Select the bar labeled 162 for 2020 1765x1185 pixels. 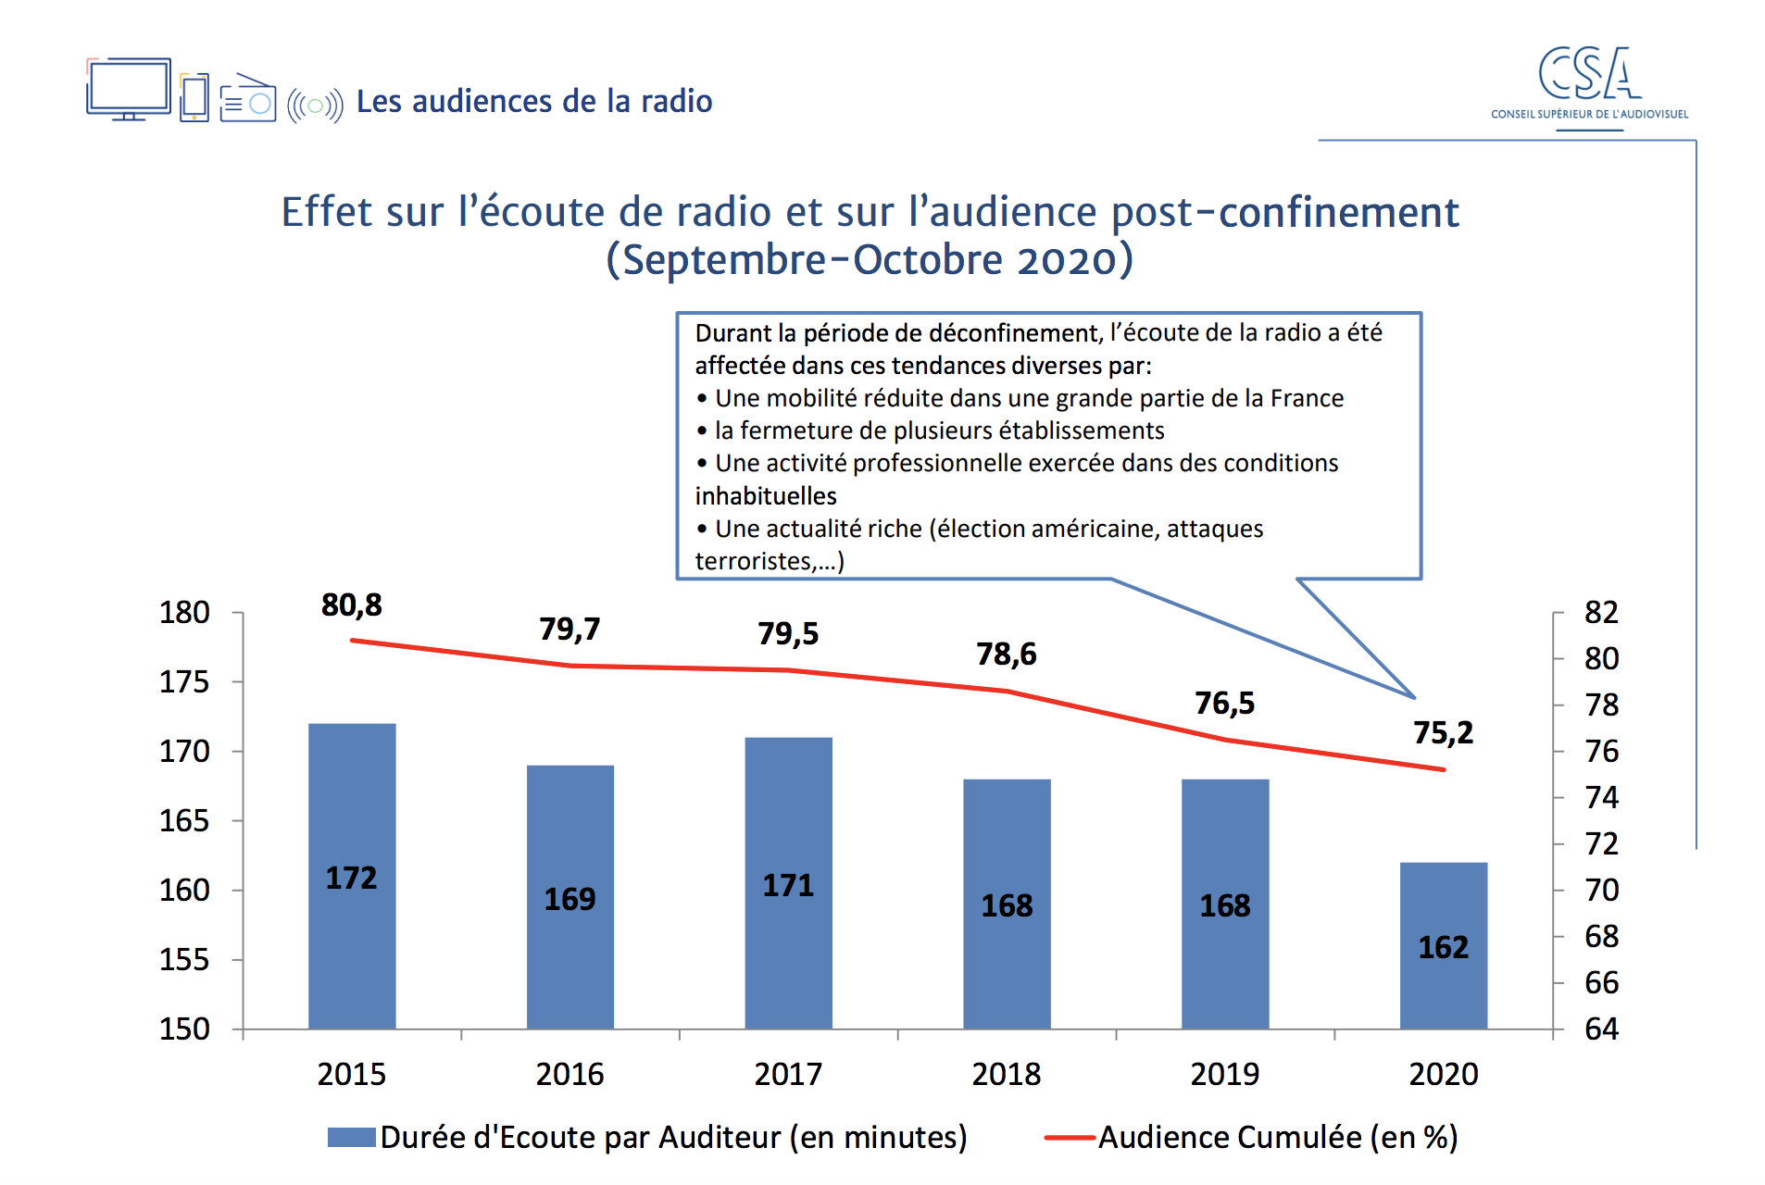pyautogui.click(x=1443, y=945)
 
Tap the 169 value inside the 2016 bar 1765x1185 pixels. pyautogui.click(x=570, y=899)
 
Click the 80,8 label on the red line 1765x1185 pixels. pyautogui.click(x=352, y=605)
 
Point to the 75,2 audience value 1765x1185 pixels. pyautogui.click(x=1443, y=732)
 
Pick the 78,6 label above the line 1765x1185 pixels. pyautogui.click(x=1007, y=655)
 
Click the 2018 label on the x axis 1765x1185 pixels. pyautogui.click(x=1007, y=1074)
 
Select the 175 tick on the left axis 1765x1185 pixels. pyautogui.click(x=184, y=682)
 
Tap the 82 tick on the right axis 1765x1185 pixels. pyautogui.click(x=1601, y=613)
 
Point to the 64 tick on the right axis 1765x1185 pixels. pyautogui.click(x=1601, y=1029)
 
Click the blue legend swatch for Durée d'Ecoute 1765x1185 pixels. pyautogui.click(x=352, y=1137)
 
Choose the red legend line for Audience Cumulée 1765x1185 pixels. pyautogui.click(x=1070, y=1137)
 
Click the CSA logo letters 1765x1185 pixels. pyautogui.click(x=1589, y=74)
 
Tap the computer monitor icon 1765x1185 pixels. pyautogui.click(x=129, y=89)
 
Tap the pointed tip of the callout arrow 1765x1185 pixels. pyautogui.click(x=1414, y=696)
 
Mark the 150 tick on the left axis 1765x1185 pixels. pyautogui.click(x=184, y=1029)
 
